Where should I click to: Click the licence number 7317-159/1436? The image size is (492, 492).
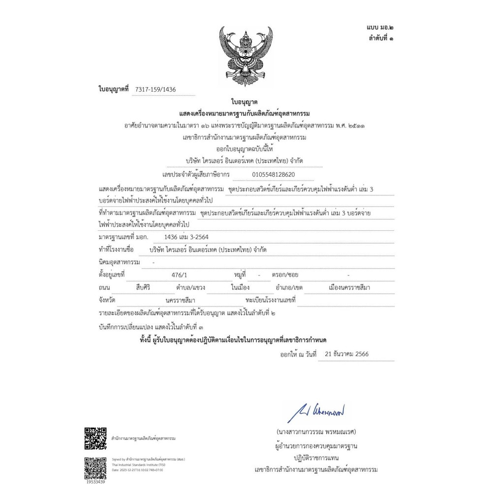(155, 89)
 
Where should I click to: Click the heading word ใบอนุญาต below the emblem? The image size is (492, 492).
(245, 102)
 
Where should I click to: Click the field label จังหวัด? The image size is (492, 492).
(107, 300)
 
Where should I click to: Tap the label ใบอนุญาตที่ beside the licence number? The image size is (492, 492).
(113, 89)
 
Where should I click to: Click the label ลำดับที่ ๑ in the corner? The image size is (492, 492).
(381, 38)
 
